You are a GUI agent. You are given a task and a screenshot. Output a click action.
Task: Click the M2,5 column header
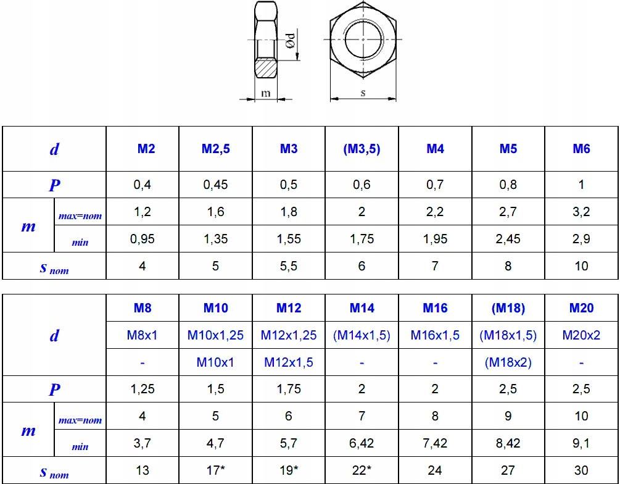click(215, 149)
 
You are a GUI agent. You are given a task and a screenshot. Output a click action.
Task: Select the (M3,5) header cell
click(362, 149)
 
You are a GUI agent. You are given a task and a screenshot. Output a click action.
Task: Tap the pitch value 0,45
click(215, 185)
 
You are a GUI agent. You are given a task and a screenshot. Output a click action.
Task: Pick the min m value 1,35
click(215, 239)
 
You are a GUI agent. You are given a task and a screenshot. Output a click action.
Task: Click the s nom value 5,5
click(289, 265)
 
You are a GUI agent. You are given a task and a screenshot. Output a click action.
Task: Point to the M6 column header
click(581, 149)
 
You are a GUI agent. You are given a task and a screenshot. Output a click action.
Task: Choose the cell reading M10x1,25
click(215, 335)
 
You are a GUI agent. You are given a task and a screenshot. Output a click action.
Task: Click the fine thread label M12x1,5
click(289, 362)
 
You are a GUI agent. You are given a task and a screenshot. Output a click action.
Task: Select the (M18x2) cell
click(508, 362)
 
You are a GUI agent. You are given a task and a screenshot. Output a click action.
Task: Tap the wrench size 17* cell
click(215, 470)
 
